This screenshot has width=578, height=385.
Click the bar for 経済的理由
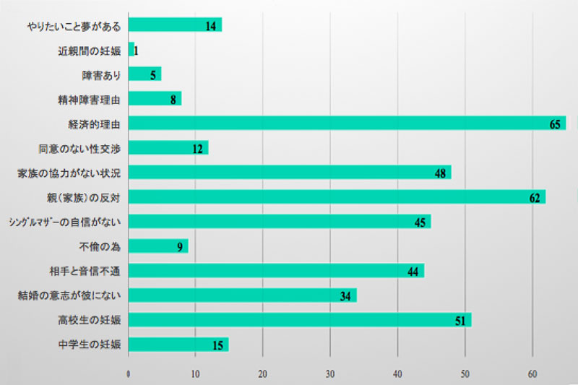tap(347, 124)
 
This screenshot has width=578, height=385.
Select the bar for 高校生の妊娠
tap(300, 320)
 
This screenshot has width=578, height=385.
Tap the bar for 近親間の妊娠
tap(131, 50)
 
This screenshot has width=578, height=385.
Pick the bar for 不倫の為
tap(158, 246)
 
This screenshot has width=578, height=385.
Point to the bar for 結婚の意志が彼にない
tap(243, 295)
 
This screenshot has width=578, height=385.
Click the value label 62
tap(535, 198)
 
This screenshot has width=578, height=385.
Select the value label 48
tap(439, 173)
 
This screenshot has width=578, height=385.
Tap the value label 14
tap(211, 26)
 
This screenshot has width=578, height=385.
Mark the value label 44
tap(413, 272)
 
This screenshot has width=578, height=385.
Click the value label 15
tap(217, 345)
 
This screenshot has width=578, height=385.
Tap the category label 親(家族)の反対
tap(82, 198)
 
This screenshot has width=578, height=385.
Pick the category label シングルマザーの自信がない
tap(64, 222)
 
